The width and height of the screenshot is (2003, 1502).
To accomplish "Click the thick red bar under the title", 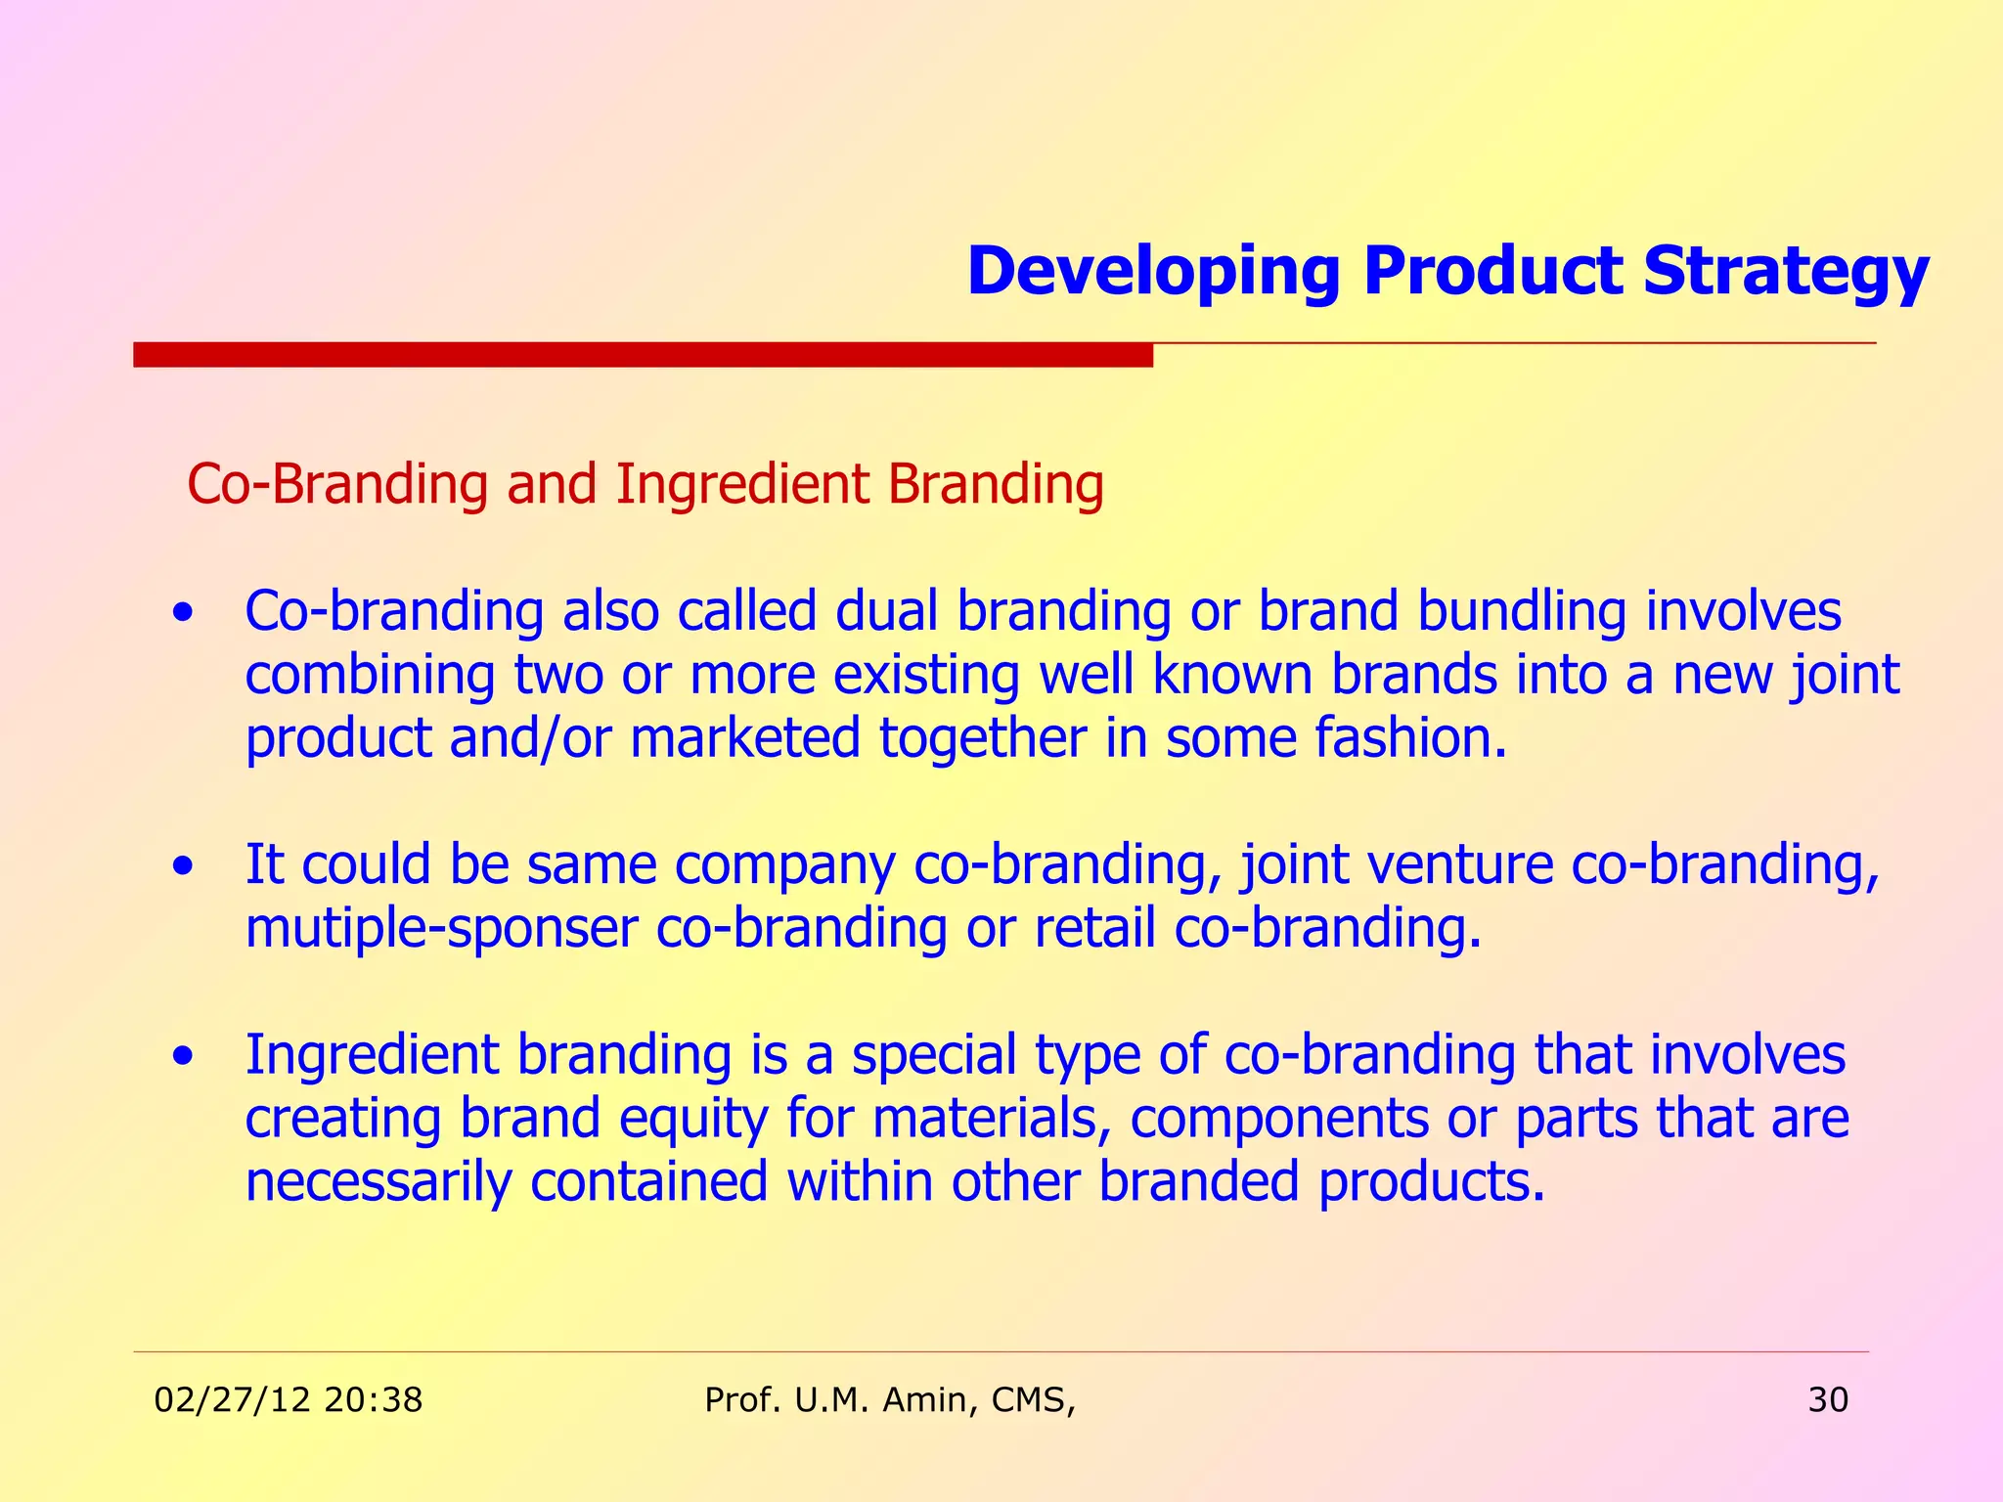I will (x=643, y=354).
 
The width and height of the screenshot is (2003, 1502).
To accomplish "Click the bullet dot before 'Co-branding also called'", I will (x=182, y=615).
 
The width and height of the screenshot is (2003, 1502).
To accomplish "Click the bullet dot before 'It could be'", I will (x=182, y=867).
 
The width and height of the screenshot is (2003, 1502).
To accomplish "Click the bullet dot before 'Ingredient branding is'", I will (x=182, y=1057).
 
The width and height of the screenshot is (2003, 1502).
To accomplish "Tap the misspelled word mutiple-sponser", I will (x=441, y=928).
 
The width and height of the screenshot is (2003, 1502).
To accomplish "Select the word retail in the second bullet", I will (x=1094, y=928).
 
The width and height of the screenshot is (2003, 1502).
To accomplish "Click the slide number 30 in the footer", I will (x=1827, y=1400).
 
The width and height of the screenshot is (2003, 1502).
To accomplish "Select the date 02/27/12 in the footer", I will (x=233, y=1400).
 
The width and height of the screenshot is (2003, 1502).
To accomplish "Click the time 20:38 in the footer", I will (x=373, y=1400).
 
